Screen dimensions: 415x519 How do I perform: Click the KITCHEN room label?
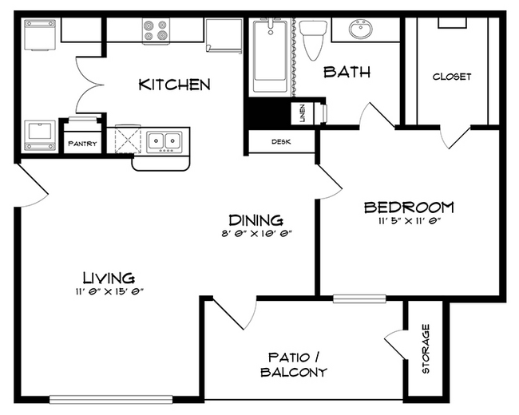point(174,85)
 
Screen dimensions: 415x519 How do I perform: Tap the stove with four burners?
point(156,31)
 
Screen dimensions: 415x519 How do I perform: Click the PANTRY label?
point(82,144)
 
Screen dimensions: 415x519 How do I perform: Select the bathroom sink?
point(361,31)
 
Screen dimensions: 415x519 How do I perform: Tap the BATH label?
point(347,73)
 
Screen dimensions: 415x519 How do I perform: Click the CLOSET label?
point(452,77)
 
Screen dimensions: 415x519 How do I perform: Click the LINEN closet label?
point(303,113)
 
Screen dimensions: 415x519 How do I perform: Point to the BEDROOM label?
point(409,207)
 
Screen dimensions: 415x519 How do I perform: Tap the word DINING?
point(256,219)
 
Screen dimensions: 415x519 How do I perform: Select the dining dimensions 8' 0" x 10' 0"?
point(256,234)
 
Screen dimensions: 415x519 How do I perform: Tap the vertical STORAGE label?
point(426,349)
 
